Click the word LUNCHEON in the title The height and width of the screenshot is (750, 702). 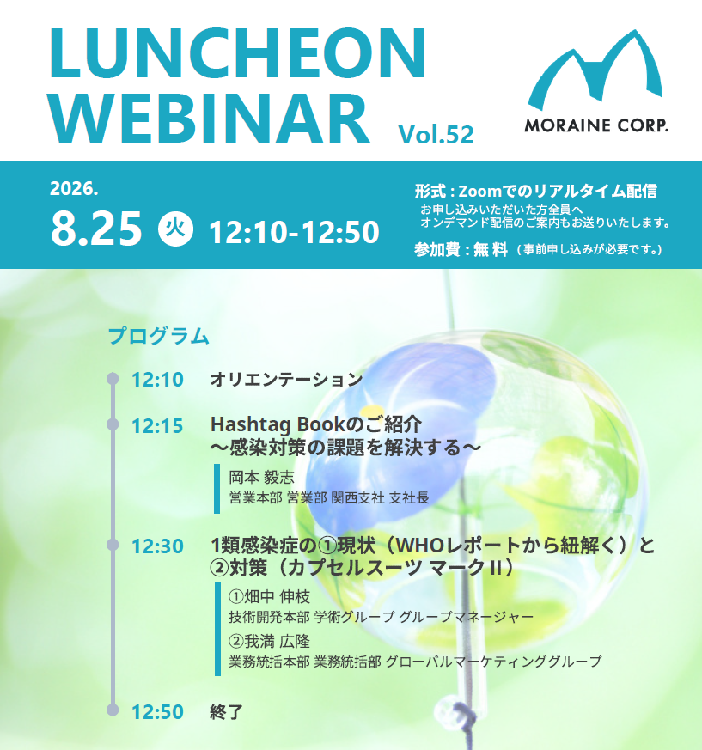pyautogui.click(x=237, y=52)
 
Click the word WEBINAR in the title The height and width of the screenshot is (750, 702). pyautogui.click(x=210, y=119)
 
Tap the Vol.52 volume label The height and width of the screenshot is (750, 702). pyautogui.click(x=436, y=134)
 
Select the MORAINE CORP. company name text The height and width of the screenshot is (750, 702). pyautogui.click(x=596, y=125)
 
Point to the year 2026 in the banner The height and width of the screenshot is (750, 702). pyautogui.click(x=74, y=188)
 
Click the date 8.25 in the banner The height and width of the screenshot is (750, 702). pyautogui.click(x=96, y=229)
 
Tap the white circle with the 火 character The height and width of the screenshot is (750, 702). pyautogui.click(x=175, y=229)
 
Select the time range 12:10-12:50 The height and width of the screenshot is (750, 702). pyautogui.click(x=295, y=233)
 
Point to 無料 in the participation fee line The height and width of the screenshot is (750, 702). pyautogui.click(x=490, y=249)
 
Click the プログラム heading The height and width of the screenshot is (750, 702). pyautogui.click(x=158, y=336)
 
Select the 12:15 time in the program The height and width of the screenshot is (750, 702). pyautogui.click(x=157, y=426)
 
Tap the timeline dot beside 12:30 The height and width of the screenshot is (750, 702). pyautogui.click(x=113, y=545)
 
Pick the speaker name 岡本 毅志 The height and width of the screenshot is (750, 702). pyautogui.click(x=261, y=477)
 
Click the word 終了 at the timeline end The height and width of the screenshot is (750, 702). pyautogui.click(x=226, y=711)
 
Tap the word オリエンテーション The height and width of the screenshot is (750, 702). pyautogui.click(x=286, y=380)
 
